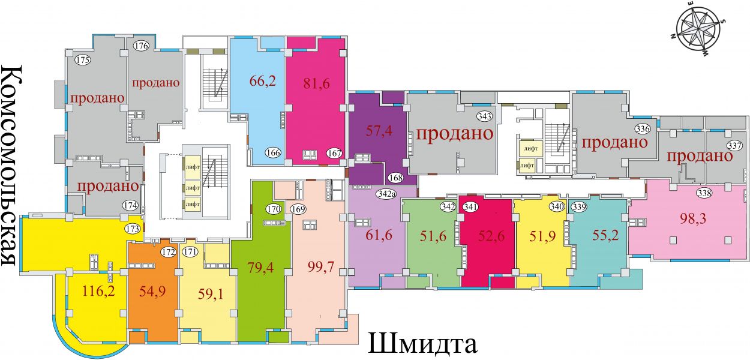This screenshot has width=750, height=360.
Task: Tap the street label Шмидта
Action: click(x=422, y=343)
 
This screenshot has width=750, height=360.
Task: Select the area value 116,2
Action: click(x=98, y=290)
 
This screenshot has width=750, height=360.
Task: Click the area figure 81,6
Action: click(x=316, y=83)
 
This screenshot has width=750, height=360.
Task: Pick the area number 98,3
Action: click(x=693, y=218)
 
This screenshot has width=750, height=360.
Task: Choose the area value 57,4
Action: click(x=379, y=130)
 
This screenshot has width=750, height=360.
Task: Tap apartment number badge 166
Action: click(x=273, y=153)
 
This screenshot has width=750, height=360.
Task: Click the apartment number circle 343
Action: click(x=484, y=116)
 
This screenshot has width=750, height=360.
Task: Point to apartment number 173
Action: click(x=133, y=229)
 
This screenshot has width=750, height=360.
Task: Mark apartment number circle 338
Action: click(x=704, y=193)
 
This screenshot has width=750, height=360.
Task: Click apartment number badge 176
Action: click(x=141, y=46)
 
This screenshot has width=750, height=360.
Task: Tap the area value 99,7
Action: click(x=321, y=267)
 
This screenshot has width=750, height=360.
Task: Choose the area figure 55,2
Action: click(x=605, y=235)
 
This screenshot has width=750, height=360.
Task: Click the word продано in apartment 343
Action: click(x=455, y=133)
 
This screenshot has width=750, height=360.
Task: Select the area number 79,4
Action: click(x=260, y=267)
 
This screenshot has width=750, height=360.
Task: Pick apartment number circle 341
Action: click(x=470, y=207)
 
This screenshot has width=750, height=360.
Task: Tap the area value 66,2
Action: click(x=263, y=81)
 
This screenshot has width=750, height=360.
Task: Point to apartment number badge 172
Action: click(x=168, y=252)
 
